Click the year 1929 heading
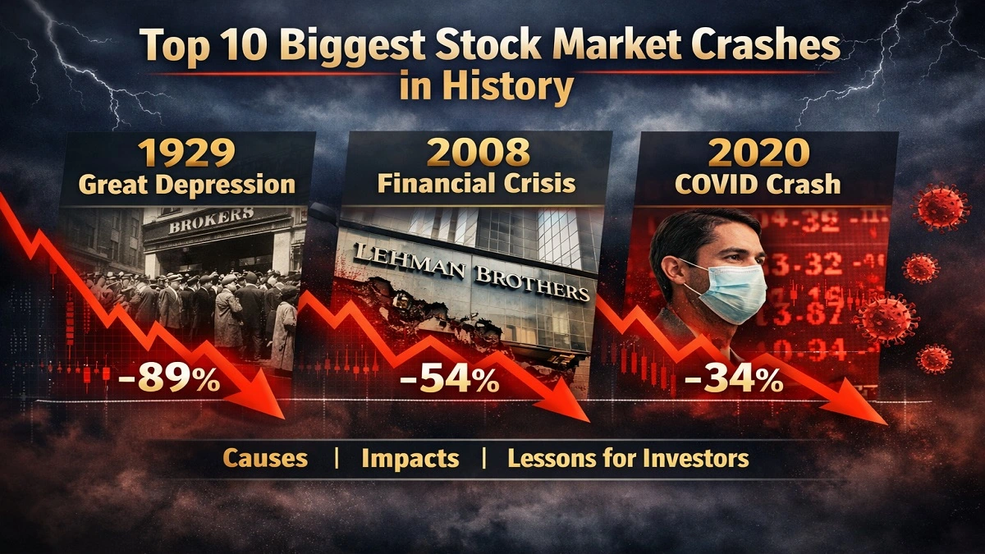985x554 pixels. pos(186,153)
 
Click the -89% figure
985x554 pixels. pos(167,381)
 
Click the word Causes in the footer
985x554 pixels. pos(265,458)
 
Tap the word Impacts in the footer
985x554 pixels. pos(410,458)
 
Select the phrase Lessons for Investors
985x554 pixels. pos(628,458)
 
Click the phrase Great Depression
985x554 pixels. pos(186,184)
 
